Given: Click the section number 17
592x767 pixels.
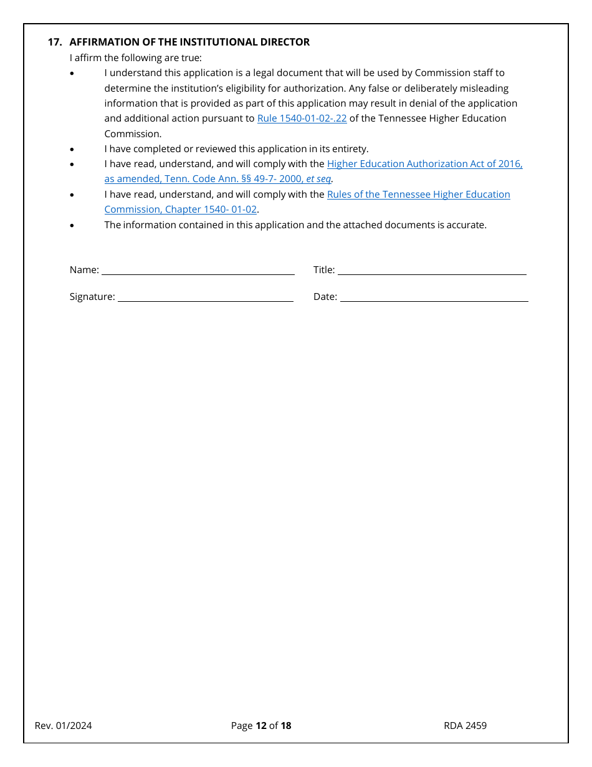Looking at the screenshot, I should pyautogui.click(x=54, y=42).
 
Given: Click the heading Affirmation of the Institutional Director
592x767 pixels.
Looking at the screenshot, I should pyautogui.click(x=189, y=42).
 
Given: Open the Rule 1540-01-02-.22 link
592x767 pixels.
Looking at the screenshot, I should pyautogui.click(x=302, y=118).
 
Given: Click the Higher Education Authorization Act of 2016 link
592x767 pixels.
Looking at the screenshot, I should pyautogui.click(x=424, y=163).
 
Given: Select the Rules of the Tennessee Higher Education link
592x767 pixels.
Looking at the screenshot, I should pyautogui.click(x=418, y=194).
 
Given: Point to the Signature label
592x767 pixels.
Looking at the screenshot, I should pyautogui.click(x=92, y=297).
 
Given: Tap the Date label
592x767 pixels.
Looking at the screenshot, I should pyautogui.click(x=325, y=297).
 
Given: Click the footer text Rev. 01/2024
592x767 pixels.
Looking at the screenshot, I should pyautogui.click(x=64, y=725).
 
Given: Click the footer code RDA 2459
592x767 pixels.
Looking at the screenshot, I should pyautogui.click(x=465, y=725).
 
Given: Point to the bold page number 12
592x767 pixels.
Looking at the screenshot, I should pyautogui.click(x=261, y=725).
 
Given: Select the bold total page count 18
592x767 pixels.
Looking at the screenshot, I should pyautogui.click(x=286, y=725).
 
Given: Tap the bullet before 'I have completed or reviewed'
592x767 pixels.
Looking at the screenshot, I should pyautogui.click(x=72, y=149).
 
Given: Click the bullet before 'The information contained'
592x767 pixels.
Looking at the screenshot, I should pyautogui.click(x=72, y=225).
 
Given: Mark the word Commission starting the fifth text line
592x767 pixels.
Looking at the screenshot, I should pyautogui.click(x=133, y=133).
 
